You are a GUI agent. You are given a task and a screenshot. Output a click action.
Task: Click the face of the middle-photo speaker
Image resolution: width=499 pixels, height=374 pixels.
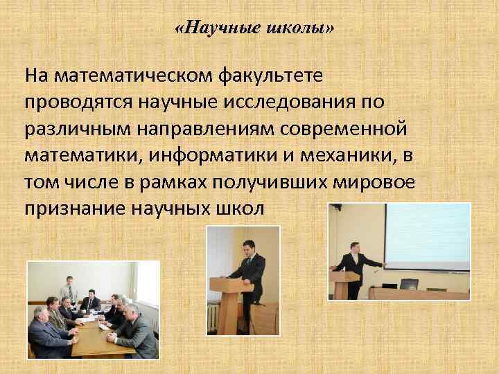click(x=248, y=249)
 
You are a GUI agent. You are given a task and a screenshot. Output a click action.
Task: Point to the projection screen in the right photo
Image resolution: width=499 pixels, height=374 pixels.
click(x=426, y=235)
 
